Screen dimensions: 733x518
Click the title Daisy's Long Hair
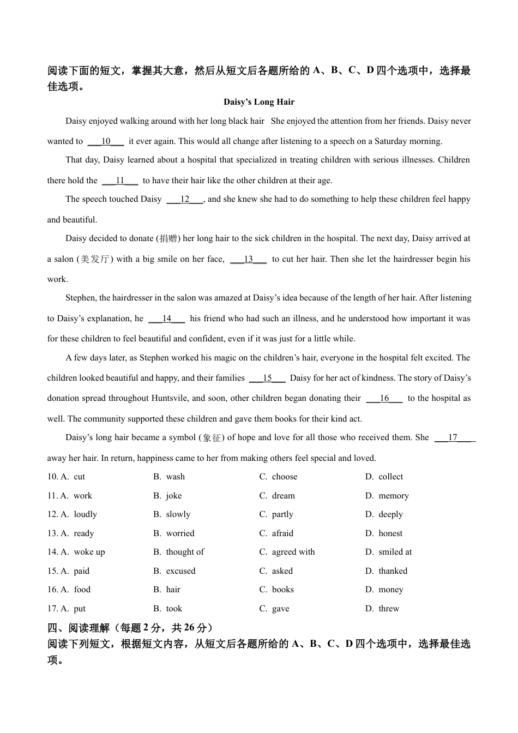click(x=259, y=102)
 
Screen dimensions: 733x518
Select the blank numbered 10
click(x=106, y=141)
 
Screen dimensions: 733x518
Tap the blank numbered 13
click(x=248, y=259)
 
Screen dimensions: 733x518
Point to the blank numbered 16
click(x=384, y=398)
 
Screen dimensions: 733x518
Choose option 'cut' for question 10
click(x=79, y=477)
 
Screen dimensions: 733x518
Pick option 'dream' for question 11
click(x=283, y=496)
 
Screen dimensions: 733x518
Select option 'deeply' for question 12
click(x=390, y=514)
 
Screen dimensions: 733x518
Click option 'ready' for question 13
click(x=83, y=533)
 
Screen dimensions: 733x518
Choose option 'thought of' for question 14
click(x=185, y=552)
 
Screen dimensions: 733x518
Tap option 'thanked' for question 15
click(x=393, y=571)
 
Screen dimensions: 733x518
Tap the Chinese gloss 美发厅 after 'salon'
click(x=95, y=259)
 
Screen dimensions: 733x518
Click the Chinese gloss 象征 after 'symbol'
click(x=212, y=437)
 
